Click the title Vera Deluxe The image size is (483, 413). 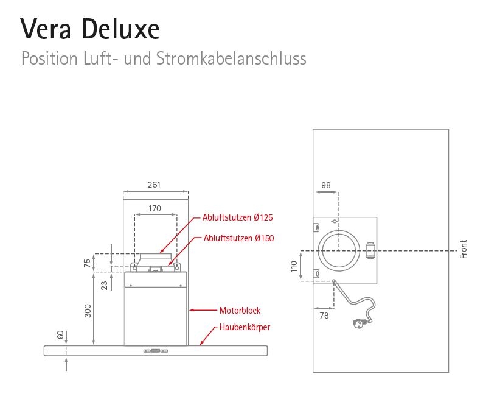[x=90, y=28]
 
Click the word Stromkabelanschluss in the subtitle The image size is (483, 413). [x=231, y=59]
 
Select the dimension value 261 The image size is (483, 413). [x=155, y=185]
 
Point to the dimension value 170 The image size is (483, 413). [x=155, y=208]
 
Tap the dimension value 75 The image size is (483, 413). [x=87, y=263]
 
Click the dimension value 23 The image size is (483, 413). [x=104, y=284]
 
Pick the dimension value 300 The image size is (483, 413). [x=88, y=310]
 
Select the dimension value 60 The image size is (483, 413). [x=60, y=335]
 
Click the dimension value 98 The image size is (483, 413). [x=326, y=185]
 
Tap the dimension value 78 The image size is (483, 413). [x=324, y=316]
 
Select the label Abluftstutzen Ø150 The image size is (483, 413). [x=238, y=238]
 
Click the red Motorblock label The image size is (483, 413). [x=240, y=311]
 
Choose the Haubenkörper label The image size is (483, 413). [x=245, y=327]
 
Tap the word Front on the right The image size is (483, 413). [x=464, y=249]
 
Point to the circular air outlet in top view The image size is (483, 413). [x=340, y=250]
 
